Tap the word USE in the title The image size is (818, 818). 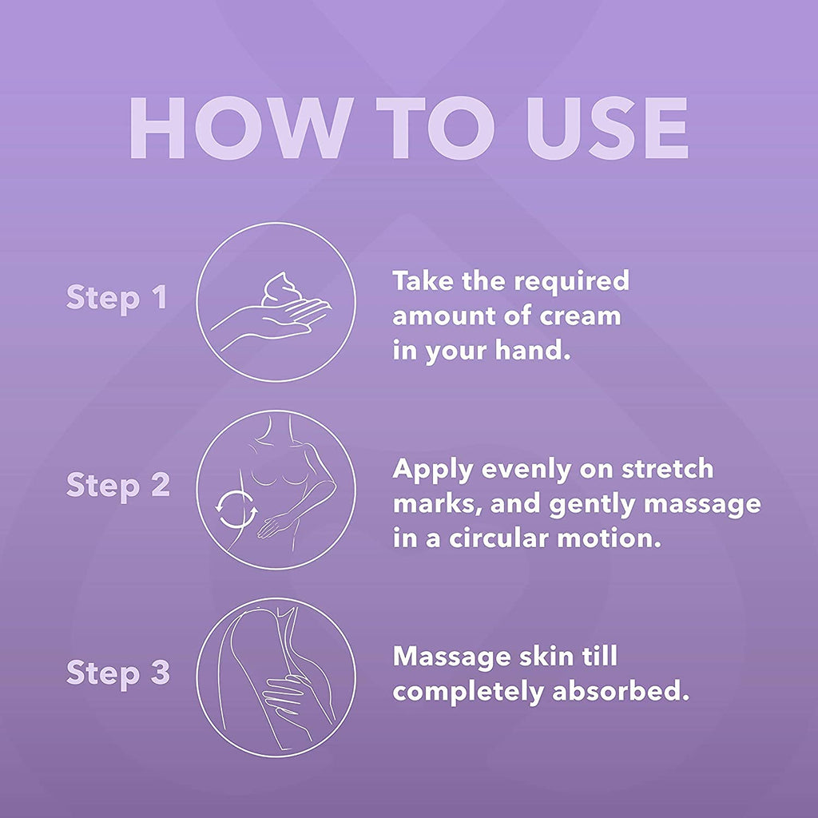607,128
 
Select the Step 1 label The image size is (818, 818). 117,299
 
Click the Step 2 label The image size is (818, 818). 118,486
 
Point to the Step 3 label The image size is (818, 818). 118,673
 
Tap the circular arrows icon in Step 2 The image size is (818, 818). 236,509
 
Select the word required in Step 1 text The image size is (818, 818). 572,282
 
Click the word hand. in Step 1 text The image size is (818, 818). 533,350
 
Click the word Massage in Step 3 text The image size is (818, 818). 451,657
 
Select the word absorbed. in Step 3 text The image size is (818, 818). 621,691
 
